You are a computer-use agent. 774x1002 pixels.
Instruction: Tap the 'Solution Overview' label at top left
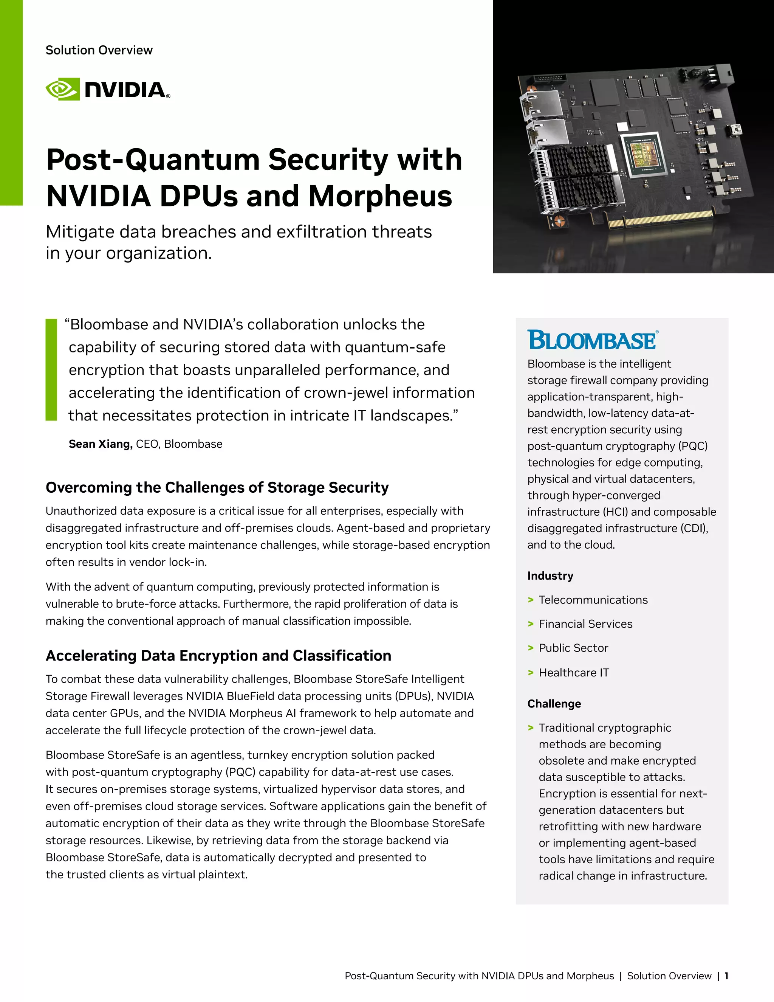coord(99,50)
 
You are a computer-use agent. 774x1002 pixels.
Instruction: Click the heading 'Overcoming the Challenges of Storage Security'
coord(217,487)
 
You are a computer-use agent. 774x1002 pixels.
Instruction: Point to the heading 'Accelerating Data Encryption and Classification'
coord(218,656)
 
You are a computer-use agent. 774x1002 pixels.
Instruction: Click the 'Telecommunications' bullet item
coord(593,600)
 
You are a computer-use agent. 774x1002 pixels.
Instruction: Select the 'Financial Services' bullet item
coord(585,624)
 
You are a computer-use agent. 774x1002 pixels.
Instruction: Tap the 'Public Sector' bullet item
coord(573,648)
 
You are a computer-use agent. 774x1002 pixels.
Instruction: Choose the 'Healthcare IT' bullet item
coord(574,673)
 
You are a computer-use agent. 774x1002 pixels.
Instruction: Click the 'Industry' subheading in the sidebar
coord(550,576)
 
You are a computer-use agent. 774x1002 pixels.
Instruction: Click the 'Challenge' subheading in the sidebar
coord(554,704)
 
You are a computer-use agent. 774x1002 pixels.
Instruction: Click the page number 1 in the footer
coord(726,976)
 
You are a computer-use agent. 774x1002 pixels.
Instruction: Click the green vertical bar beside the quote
coord(51,370)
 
